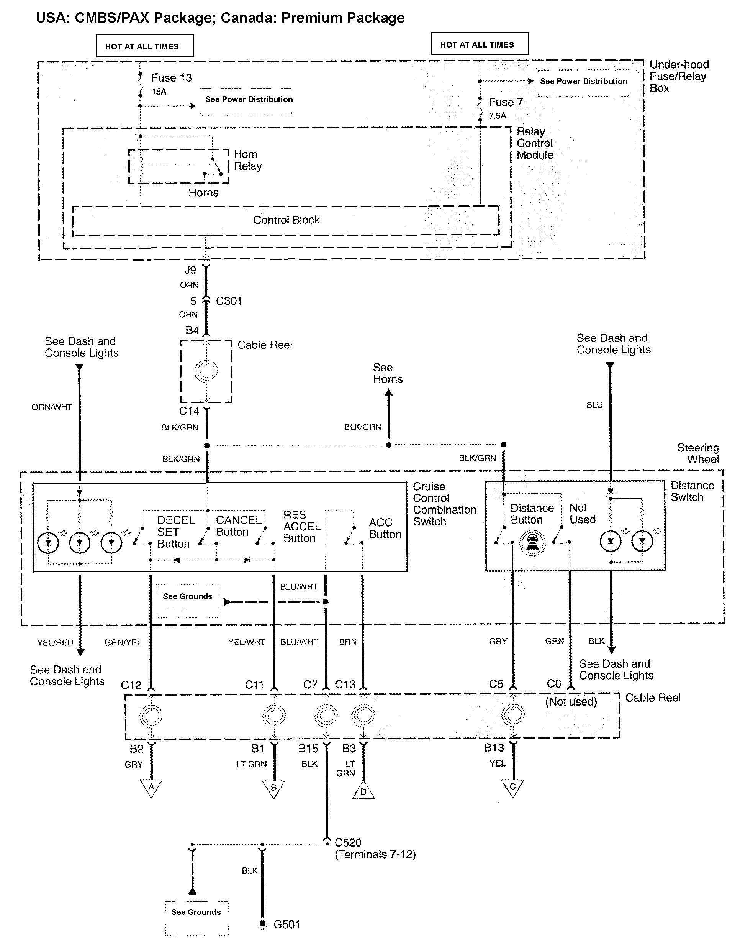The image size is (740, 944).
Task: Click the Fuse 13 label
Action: [171, 78]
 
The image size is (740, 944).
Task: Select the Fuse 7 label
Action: [506, 102]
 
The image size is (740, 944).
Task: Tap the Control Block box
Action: [286, 221]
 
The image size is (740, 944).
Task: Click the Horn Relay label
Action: [248, 160]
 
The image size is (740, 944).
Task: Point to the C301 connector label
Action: [229, 301]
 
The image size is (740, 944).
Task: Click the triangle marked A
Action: [151, 788]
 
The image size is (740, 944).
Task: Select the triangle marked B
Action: [273, 788]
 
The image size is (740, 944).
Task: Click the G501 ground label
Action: [287, 924]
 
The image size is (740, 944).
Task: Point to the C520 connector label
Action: [348, 842]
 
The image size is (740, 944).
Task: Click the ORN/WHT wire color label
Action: [52, 407]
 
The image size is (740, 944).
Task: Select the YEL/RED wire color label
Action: [55, 643]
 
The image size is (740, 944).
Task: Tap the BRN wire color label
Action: [348, 642]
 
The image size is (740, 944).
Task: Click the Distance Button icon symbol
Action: [532, 543]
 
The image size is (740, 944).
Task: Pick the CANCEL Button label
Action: [238, 526]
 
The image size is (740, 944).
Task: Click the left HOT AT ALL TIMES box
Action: [145, 46]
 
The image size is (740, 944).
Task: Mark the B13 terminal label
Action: [494, 748]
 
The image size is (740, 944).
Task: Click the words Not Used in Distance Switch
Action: [582, 514]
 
